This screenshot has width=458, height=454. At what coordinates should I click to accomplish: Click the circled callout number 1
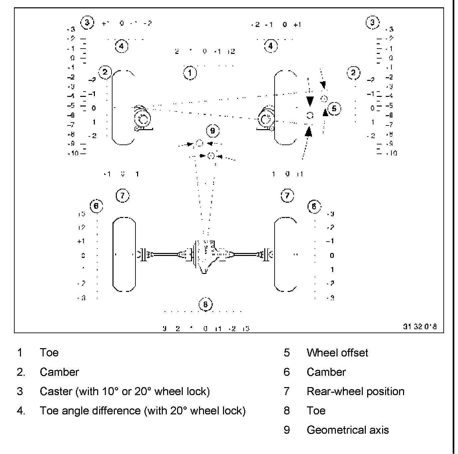[190, 73]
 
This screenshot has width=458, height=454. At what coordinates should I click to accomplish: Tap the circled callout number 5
[334, 109]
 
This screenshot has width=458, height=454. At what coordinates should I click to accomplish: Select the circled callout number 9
[213, 131]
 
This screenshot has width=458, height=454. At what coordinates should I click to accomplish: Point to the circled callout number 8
[205, 304]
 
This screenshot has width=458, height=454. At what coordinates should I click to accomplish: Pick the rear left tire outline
[124, 255]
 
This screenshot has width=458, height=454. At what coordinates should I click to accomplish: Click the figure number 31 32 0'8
[419, 327]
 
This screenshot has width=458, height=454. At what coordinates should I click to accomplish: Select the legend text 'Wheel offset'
[337, 353]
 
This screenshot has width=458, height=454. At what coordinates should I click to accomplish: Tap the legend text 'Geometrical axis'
[347, 430]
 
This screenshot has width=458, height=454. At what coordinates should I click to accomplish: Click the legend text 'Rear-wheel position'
[355, 391]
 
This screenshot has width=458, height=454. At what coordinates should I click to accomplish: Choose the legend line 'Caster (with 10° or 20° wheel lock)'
[125, 391]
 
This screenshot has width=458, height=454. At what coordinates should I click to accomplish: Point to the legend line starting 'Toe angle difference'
[142, 411]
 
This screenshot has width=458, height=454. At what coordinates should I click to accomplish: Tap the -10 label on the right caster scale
[391, 153]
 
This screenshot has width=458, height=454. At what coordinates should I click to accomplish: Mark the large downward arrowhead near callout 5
[310, 101]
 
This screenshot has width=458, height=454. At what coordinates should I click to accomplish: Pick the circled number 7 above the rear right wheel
[288, 195]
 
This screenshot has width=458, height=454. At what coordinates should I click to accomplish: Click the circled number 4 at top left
[121, 46]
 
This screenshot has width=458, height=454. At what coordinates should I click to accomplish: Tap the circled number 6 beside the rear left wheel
[96, 206]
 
